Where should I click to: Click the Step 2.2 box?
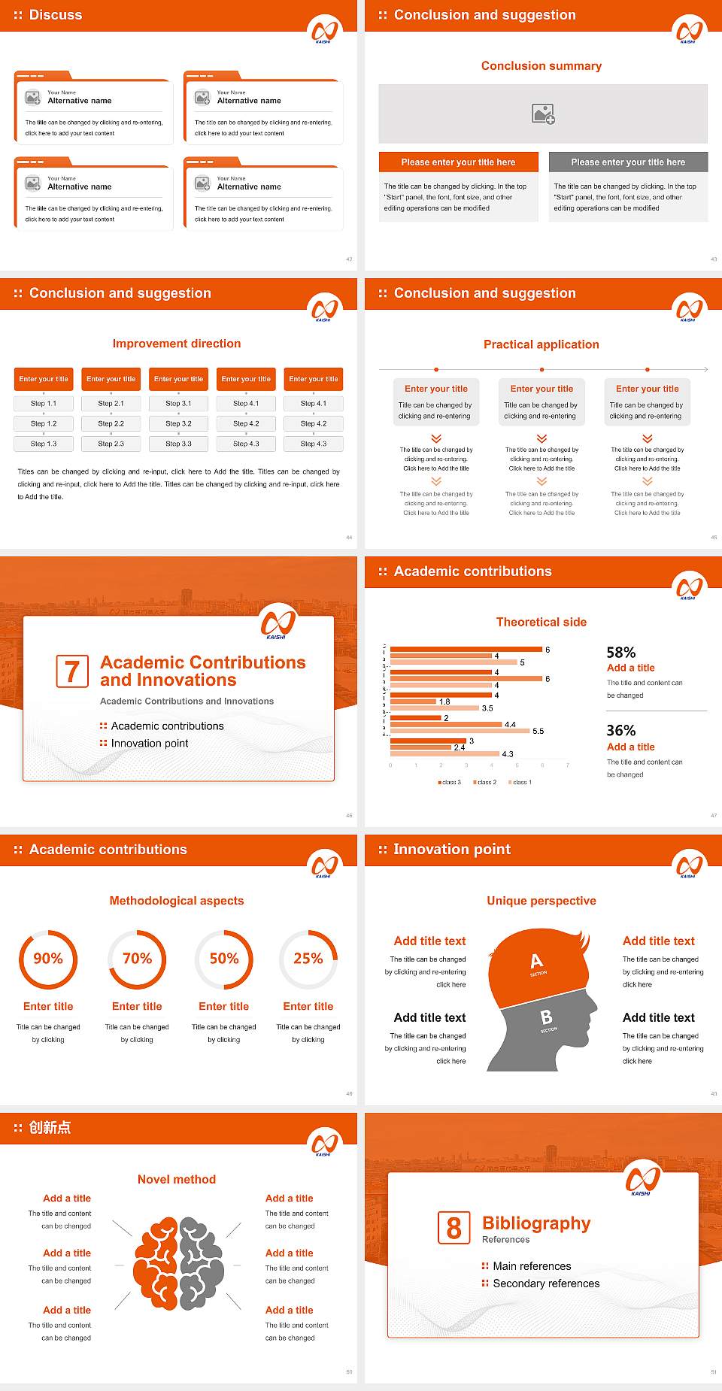(x=111, y=423)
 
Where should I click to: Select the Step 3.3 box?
(x=178, y=444)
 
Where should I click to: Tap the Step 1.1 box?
(x=44, y=404)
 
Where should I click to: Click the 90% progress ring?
(x=48, y=959)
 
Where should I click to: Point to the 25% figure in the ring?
(x=308, y=959)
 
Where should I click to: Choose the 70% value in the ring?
(x=137, y=959)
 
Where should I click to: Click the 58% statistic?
(x=621, y=652)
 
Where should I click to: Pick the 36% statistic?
(x=621, y=730)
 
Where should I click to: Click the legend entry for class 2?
(x=485, y=783)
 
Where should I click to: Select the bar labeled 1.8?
(x=413, y=702)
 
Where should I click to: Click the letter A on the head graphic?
(x=536, y=961)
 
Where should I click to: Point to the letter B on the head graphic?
(x=547, y=1017)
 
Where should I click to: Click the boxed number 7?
(x=72, y=671)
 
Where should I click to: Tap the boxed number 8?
(x=454, y=1228)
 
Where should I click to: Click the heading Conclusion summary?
(x=541, y=66)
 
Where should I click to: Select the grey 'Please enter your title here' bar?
(x=628, y=162)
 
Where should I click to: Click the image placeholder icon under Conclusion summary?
(x=542, y=114)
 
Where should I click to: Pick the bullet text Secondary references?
(x=546, y=1283)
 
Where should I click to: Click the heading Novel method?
(x=177, y=1179)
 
